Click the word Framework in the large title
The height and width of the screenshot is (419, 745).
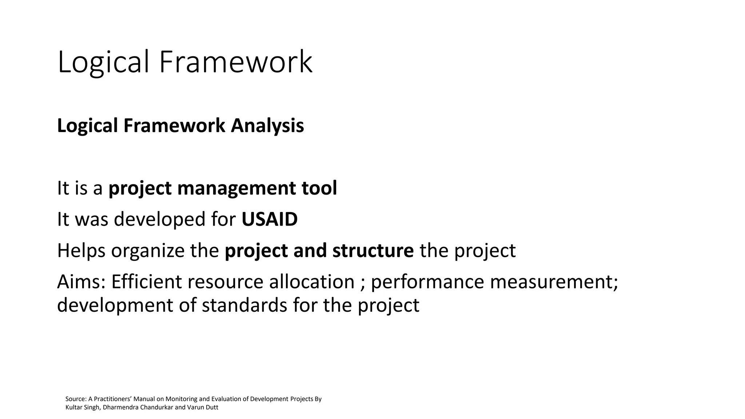(235, 63)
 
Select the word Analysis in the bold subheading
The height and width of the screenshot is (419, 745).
(267, 126)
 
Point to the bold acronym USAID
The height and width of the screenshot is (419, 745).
(270, 219)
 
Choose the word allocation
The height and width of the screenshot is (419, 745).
(312, 282)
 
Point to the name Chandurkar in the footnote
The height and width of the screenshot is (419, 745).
(155, 407)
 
